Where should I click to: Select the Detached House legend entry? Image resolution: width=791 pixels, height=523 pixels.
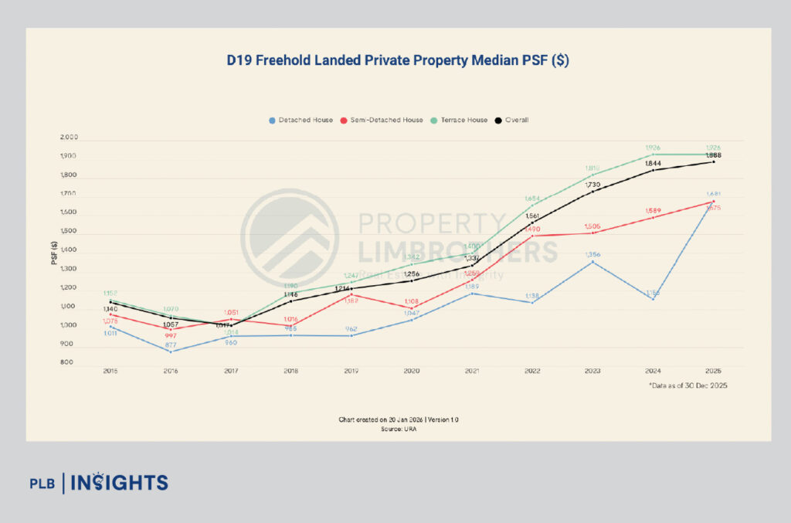(x=301, y=120)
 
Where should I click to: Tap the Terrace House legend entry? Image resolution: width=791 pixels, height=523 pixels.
(x=460, y=120)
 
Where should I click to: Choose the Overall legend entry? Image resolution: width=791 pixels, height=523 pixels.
(x=513, y=120)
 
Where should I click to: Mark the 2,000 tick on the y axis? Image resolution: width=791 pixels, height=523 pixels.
(x=68, y=138)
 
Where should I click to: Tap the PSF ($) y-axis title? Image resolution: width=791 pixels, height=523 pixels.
(x=55, y=251)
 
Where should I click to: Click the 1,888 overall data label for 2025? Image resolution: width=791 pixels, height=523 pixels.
(x=713, y=155)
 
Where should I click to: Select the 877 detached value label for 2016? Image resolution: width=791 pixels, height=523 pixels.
(x=171, y=345)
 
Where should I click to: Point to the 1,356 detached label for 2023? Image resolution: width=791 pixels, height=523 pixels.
(x=592, y=254)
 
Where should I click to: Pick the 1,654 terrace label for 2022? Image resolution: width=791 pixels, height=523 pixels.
(x=532, y=199)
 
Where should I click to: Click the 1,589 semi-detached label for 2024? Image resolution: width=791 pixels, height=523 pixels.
(x=653, y=209)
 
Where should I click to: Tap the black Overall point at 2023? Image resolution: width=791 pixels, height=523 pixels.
(x=592, y=192)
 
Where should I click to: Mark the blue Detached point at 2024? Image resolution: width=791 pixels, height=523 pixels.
(x=653, y=299)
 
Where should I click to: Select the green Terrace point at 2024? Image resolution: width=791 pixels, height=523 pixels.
(x=653, y=155)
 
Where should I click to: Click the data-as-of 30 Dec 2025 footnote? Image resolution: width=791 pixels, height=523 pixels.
(x=687, y=385)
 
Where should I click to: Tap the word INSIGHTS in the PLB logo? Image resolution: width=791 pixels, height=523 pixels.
(x=119, y=484)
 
